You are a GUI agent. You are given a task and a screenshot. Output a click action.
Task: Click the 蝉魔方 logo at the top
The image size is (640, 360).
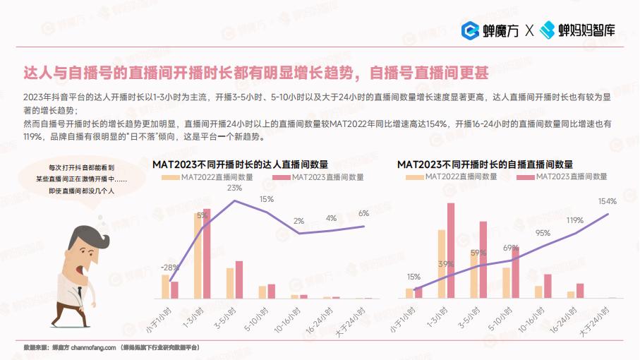(x=491, y=30)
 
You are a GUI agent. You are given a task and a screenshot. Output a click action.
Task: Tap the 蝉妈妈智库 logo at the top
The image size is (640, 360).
(x=577, y=30)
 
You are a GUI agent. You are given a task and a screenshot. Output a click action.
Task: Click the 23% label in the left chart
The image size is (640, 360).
(x=234, y=188)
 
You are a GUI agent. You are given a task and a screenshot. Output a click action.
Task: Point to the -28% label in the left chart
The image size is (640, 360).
(x=169, y=268)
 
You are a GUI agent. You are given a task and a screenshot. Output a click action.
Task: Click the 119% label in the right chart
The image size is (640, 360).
(x=574, y=220)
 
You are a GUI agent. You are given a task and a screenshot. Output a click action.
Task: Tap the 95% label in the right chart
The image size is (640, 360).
(x=543, y=232)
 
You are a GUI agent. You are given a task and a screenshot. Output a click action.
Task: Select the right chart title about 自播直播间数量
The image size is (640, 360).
(x=484, y=164)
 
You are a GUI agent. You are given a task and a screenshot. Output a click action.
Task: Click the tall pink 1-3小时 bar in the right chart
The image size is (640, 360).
(x=451, y=251)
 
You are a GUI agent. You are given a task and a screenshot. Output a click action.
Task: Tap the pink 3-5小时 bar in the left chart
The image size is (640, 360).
(x=239, y=281)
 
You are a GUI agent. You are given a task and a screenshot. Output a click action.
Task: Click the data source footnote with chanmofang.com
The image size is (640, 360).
(x=111, y=347)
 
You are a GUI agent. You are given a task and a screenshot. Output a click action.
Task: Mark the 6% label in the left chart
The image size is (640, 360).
(x=363, y=213)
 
